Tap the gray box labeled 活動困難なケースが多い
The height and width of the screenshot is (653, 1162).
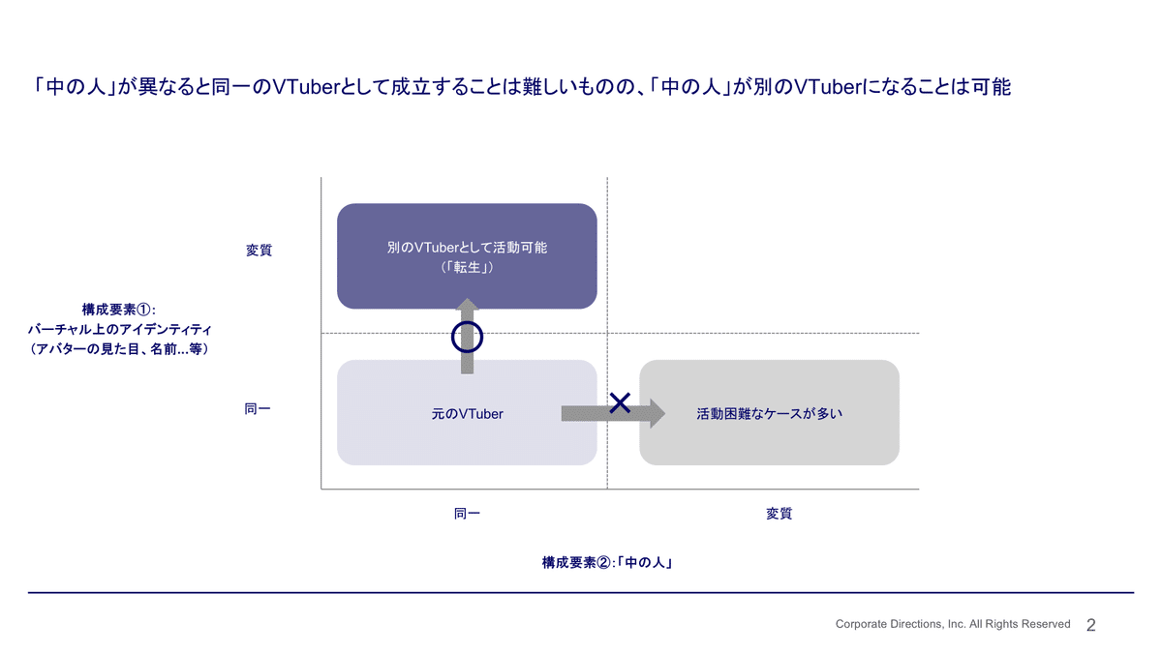pos(769,413)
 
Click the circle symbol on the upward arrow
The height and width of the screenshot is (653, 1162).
pos(468,337)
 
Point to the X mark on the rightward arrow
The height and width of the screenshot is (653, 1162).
pos(620,403)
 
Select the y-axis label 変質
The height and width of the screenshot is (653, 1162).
pos(259,250)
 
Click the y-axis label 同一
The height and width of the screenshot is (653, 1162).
pos(258,409)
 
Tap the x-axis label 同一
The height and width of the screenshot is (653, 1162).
pos(467,514)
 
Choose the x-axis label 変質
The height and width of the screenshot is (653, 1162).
pos(779,514)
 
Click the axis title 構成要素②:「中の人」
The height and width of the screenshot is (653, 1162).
pos(607,562)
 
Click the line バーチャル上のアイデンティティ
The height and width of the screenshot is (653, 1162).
pos(119,329)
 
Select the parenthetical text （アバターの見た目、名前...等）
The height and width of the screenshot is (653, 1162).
pos(119,348)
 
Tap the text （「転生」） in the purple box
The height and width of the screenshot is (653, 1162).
pos(467,267)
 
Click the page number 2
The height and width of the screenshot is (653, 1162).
pos(1091,626)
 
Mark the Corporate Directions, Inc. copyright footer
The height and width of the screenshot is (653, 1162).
pos(953,625)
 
